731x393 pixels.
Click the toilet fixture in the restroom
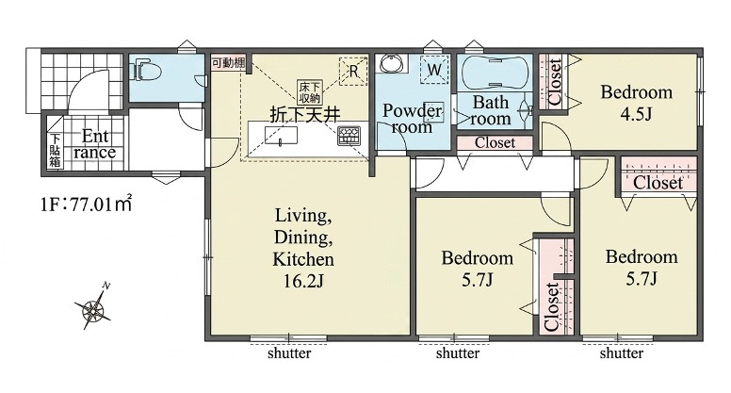[x=146, y=72]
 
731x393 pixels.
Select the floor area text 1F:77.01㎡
[x=86, y=204]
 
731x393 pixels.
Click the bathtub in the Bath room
[x=495, y=73]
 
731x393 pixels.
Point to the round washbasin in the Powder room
[x=392, y=63]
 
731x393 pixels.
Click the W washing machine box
[x=434, y=70]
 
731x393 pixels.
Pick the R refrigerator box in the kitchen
[x=353, y=72]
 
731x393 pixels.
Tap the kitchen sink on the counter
[x=281, y=136]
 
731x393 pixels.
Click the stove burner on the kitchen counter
[x=349, y=135]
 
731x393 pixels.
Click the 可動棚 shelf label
[x=228, y=62]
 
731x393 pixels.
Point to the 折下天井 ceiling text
[x=305, y=114]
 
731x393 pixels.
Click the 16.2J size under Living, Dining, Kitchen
[x=303, y=281]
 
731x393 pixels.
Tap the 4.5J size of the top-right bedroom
[x=636, y=113]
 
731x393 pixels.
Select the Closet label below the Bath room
[x=495, y=142]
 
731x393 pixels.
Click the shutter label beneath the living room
[x=289, y=352]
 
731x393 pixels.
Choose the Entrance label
[x=94, y=144]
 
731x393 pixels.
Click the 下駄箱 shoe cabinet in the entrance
[x=56, y=150]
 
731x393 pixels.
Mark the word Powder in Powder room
[x=412, y=111]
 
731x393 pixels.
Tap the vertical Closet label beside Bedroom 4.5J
[x=555, y=82]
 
